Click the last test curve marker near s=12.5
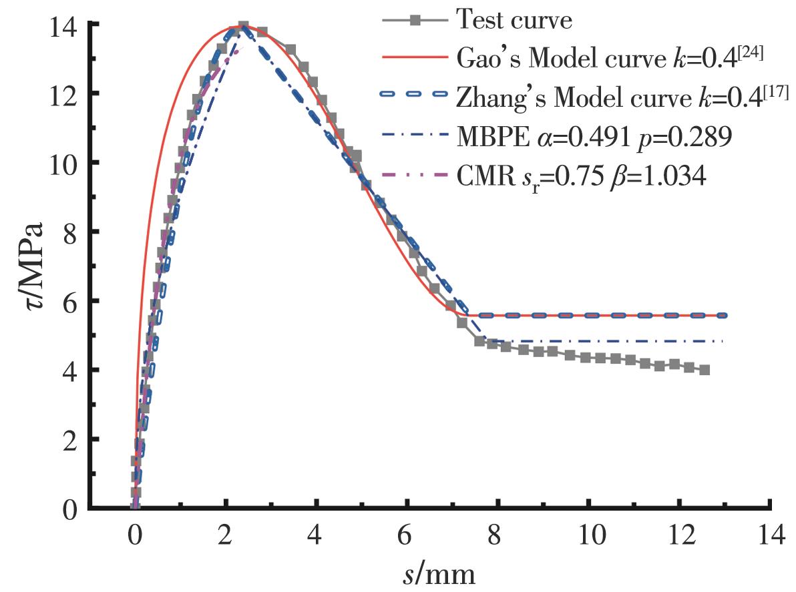[x=704, y=370]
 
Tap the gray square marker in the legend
[x=415, y=21]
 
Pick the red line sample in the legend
[x=415, y=59]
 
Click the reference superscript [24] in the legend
[x=751, y=49]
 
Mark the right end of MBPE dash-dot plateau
[x=723, y=341]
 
